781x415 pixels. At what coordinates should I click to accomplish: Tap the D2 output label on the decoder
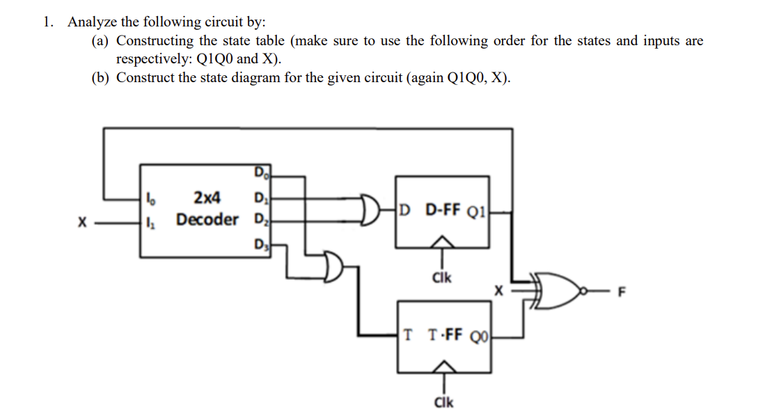[x=259, y=222]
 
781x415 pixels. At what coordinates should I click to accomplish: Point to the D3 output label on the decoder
[x=259, y=244]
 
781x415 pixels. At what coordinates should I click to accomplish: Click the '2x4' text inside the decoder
[x=207, y=198]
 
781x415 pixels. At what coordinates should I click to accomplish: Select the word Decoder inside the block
[x=207, y=220]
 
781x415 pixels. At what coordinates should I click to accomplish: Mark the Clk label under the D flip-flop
[x=441, y=277]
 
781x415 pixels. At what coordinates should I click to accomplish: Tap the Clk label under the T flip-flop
[x=443, y=402]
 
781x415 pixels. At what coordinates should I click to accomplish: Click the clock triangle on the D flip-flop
[x=441, y=242]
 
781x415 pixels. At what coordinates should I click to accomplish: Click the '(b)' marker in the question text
[x=101, y=77]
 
